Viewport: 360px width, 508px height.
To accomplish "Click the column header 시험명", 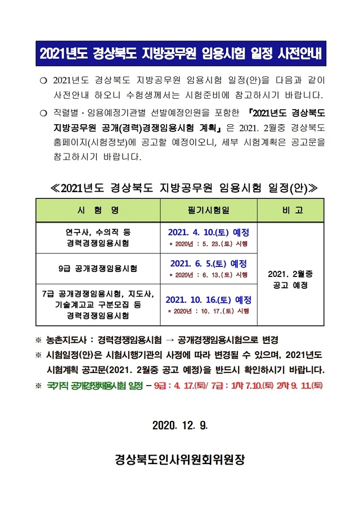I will coord(98,210).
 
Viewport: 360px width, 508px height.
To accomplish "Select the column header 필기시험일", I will coord(209,210).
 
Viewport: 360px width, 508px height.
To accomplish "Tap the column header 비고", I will coord(291,210).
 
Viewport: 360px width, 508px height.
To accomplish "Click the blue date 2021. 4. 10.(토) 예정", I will coord(209,232).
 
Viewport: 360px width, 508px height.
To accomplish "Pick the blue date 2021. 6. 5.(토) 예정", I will coord(209,263).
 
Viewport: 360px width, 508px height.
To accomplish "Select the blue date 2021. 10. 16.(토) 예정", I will coord(209,300).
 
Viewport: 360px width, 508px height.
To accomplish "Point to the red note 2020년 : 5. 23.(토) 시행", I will coord(209,244).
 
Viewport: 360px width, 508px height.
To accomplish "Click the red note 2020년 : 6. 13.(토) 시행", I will coord(209,275).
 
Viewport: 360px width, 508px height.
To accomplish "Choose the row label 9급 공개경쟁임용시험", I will coord(98,268).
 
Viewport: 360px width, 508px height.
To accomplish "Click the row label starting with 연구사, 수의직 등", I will coord(98,238).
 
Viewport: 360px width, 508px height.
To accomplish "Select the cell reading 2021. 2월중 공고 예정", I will coord(291,279).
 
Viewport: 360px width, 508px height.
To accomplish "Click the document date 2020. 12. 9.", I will coord(180,425).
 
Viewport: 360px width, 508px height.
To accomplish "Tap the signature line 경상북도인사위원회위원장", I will coord(180,460).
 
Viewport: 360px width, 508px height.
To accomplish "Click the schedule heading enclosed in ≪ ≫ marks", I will coord(180,187).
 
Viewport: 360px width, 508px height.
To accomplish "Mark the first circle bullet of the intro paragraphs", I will coord(42,80).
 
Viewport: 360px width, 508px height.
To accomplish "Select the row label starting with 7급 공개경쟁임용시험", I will coord(98,305).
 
